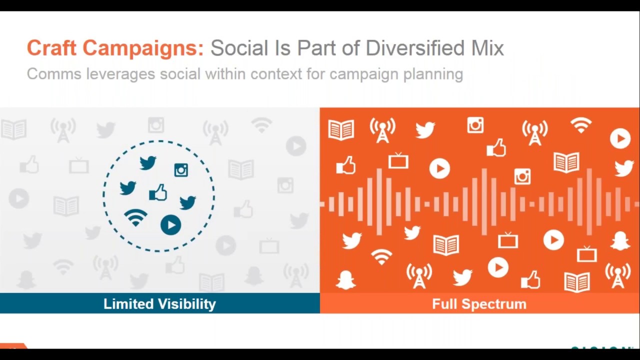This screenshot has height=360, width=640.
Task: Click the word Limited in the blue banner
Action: tap(129, 304)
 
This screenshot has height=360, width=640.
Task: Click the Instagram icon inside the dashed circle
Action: tap(181, 170)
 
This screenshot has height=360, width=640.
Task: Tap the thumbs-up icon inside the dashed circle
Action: tap(158, 192)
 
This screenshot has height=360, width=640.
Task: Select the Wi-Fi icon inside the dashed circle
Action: tap(135, 217)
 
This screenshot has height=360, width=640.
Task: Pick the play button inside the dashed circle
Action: tap(170, 225)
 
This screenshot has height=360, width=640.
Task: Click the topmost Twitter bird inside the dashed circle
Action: tap(148, 162)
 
